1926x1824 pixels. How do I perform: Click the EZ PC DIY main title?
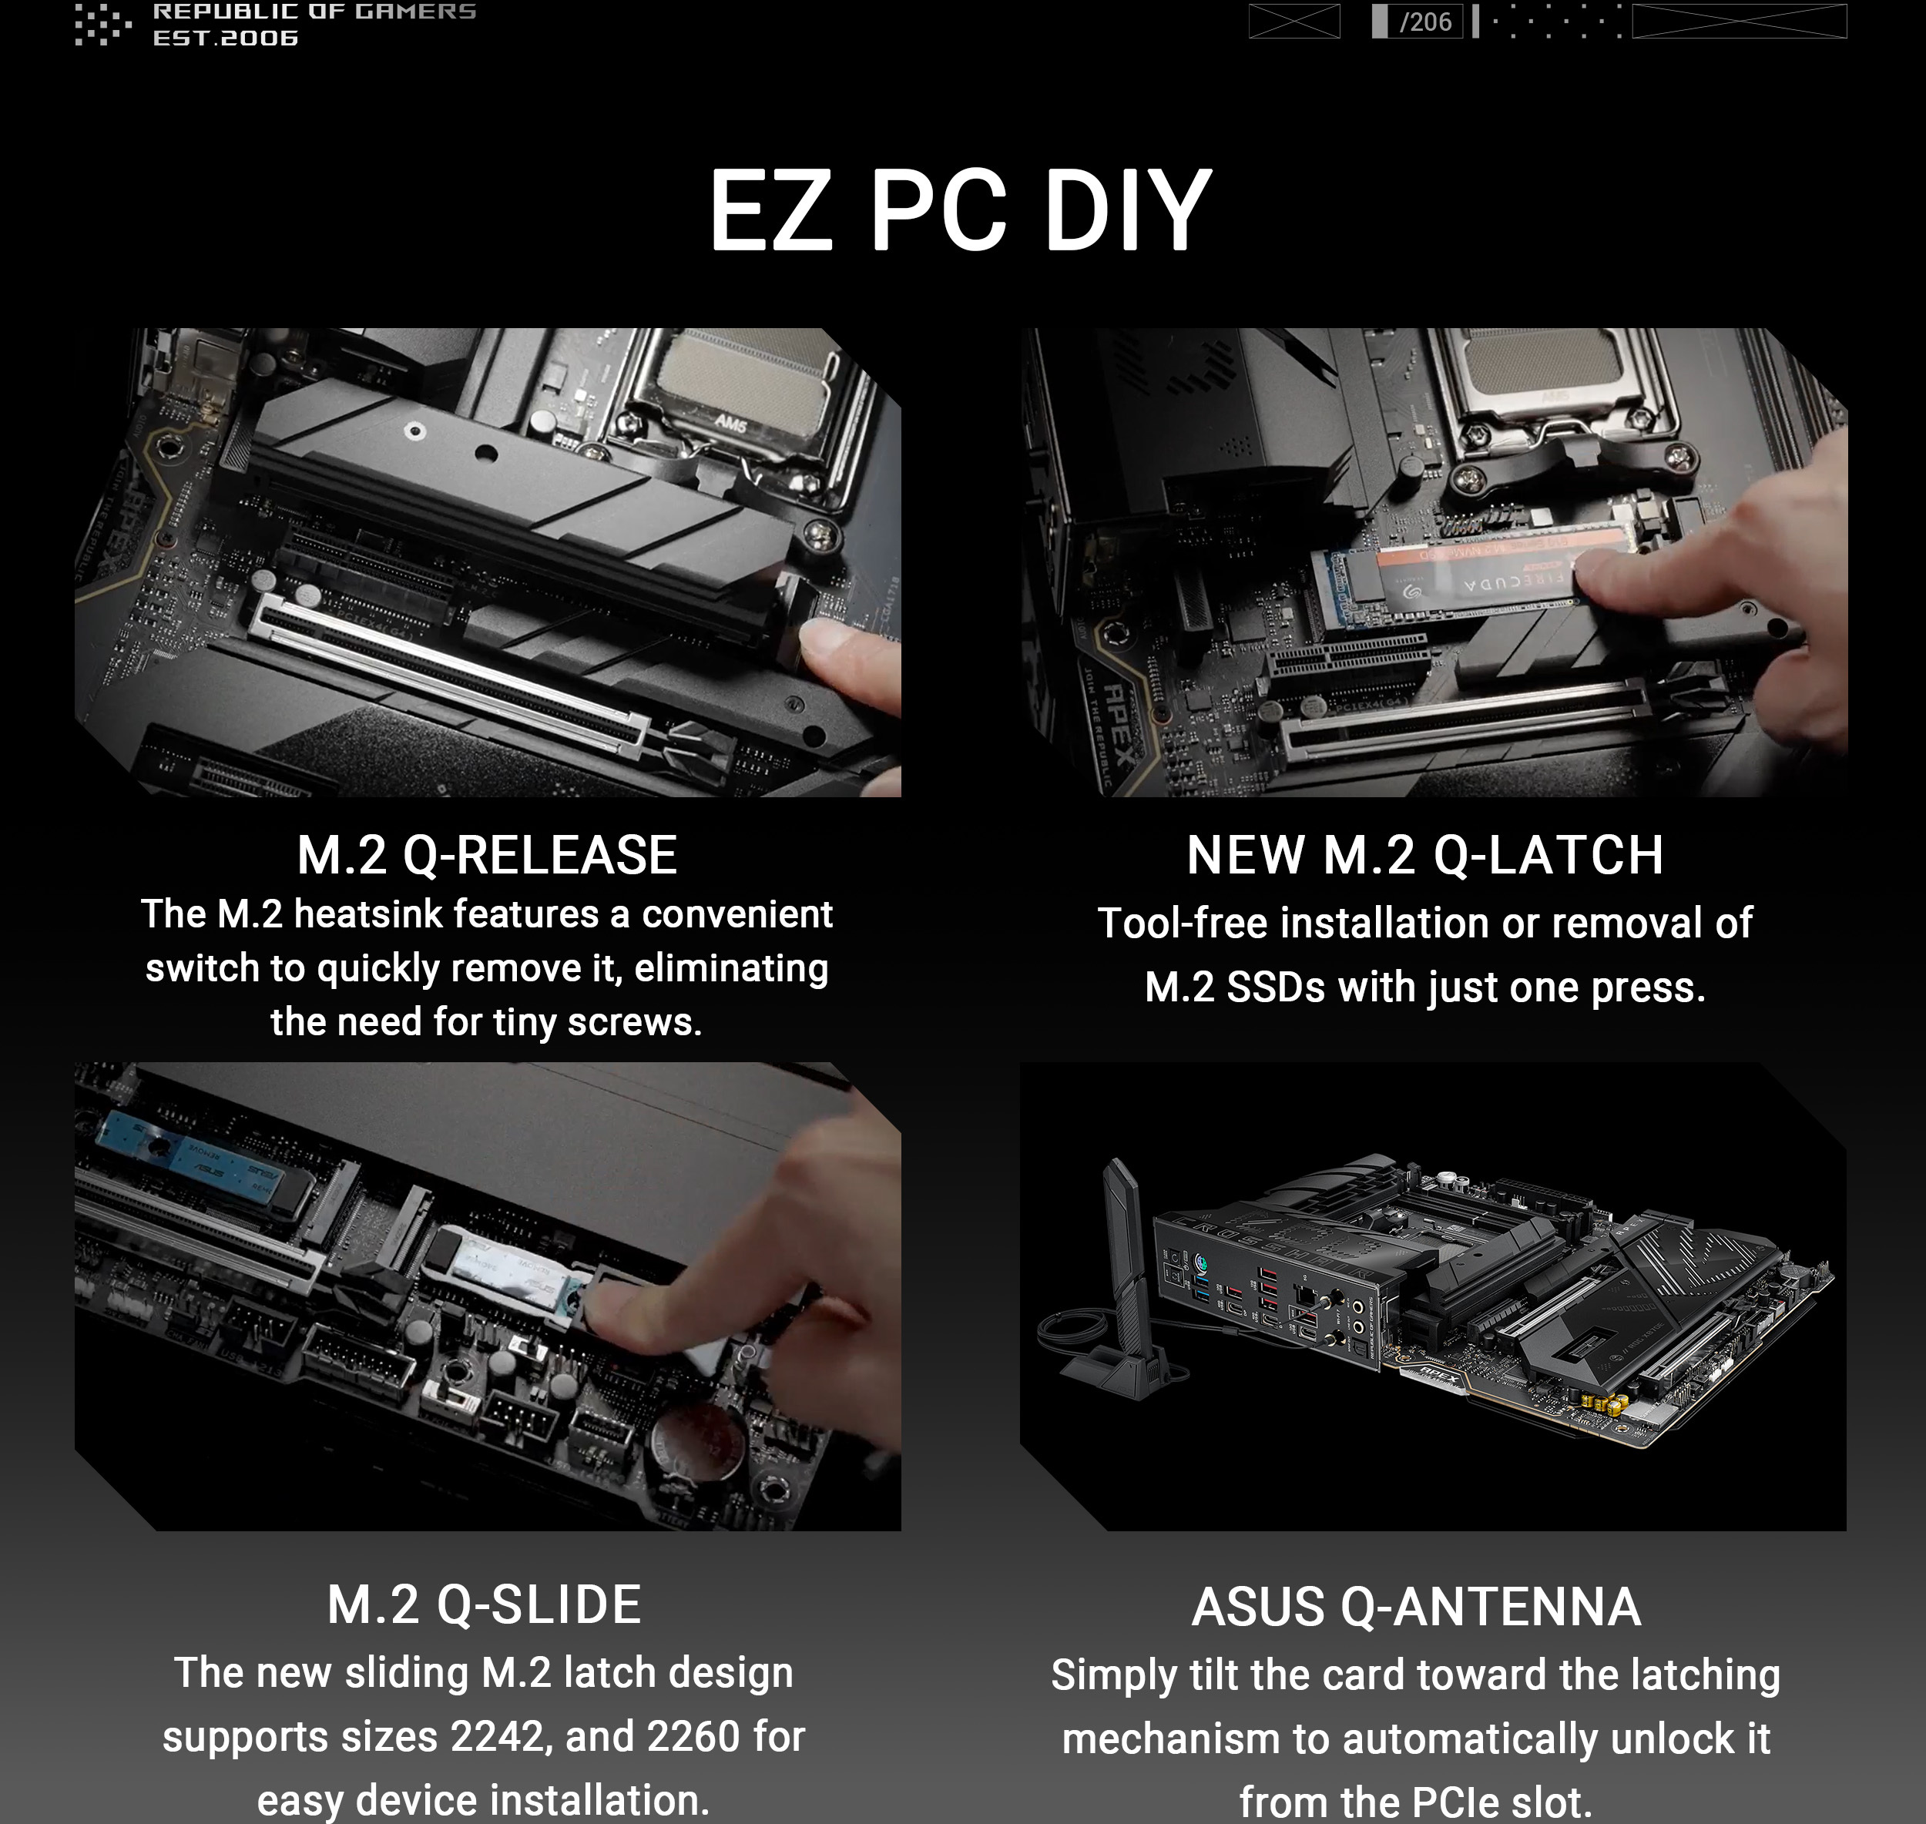(x=961, y=211)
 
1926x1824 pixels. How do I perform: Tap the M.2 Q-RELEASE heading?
(x=486, y=856)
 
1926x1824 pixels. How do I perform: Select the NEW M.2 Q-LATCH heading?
(x=1424, y=856)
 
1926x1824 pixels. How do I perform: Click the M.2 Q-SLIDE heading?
(x=484, y=1605)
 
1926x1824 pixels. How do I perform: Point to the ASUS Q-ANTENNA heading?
(x=1417, y=1608)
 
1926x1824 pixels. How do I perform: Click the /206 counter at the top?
(x=1424, y=22)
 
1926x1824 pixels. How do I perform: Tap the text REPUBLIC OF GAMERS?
(x=314, y=12)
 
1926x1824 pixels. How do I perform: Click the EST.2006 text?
(x=226, y=38)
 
